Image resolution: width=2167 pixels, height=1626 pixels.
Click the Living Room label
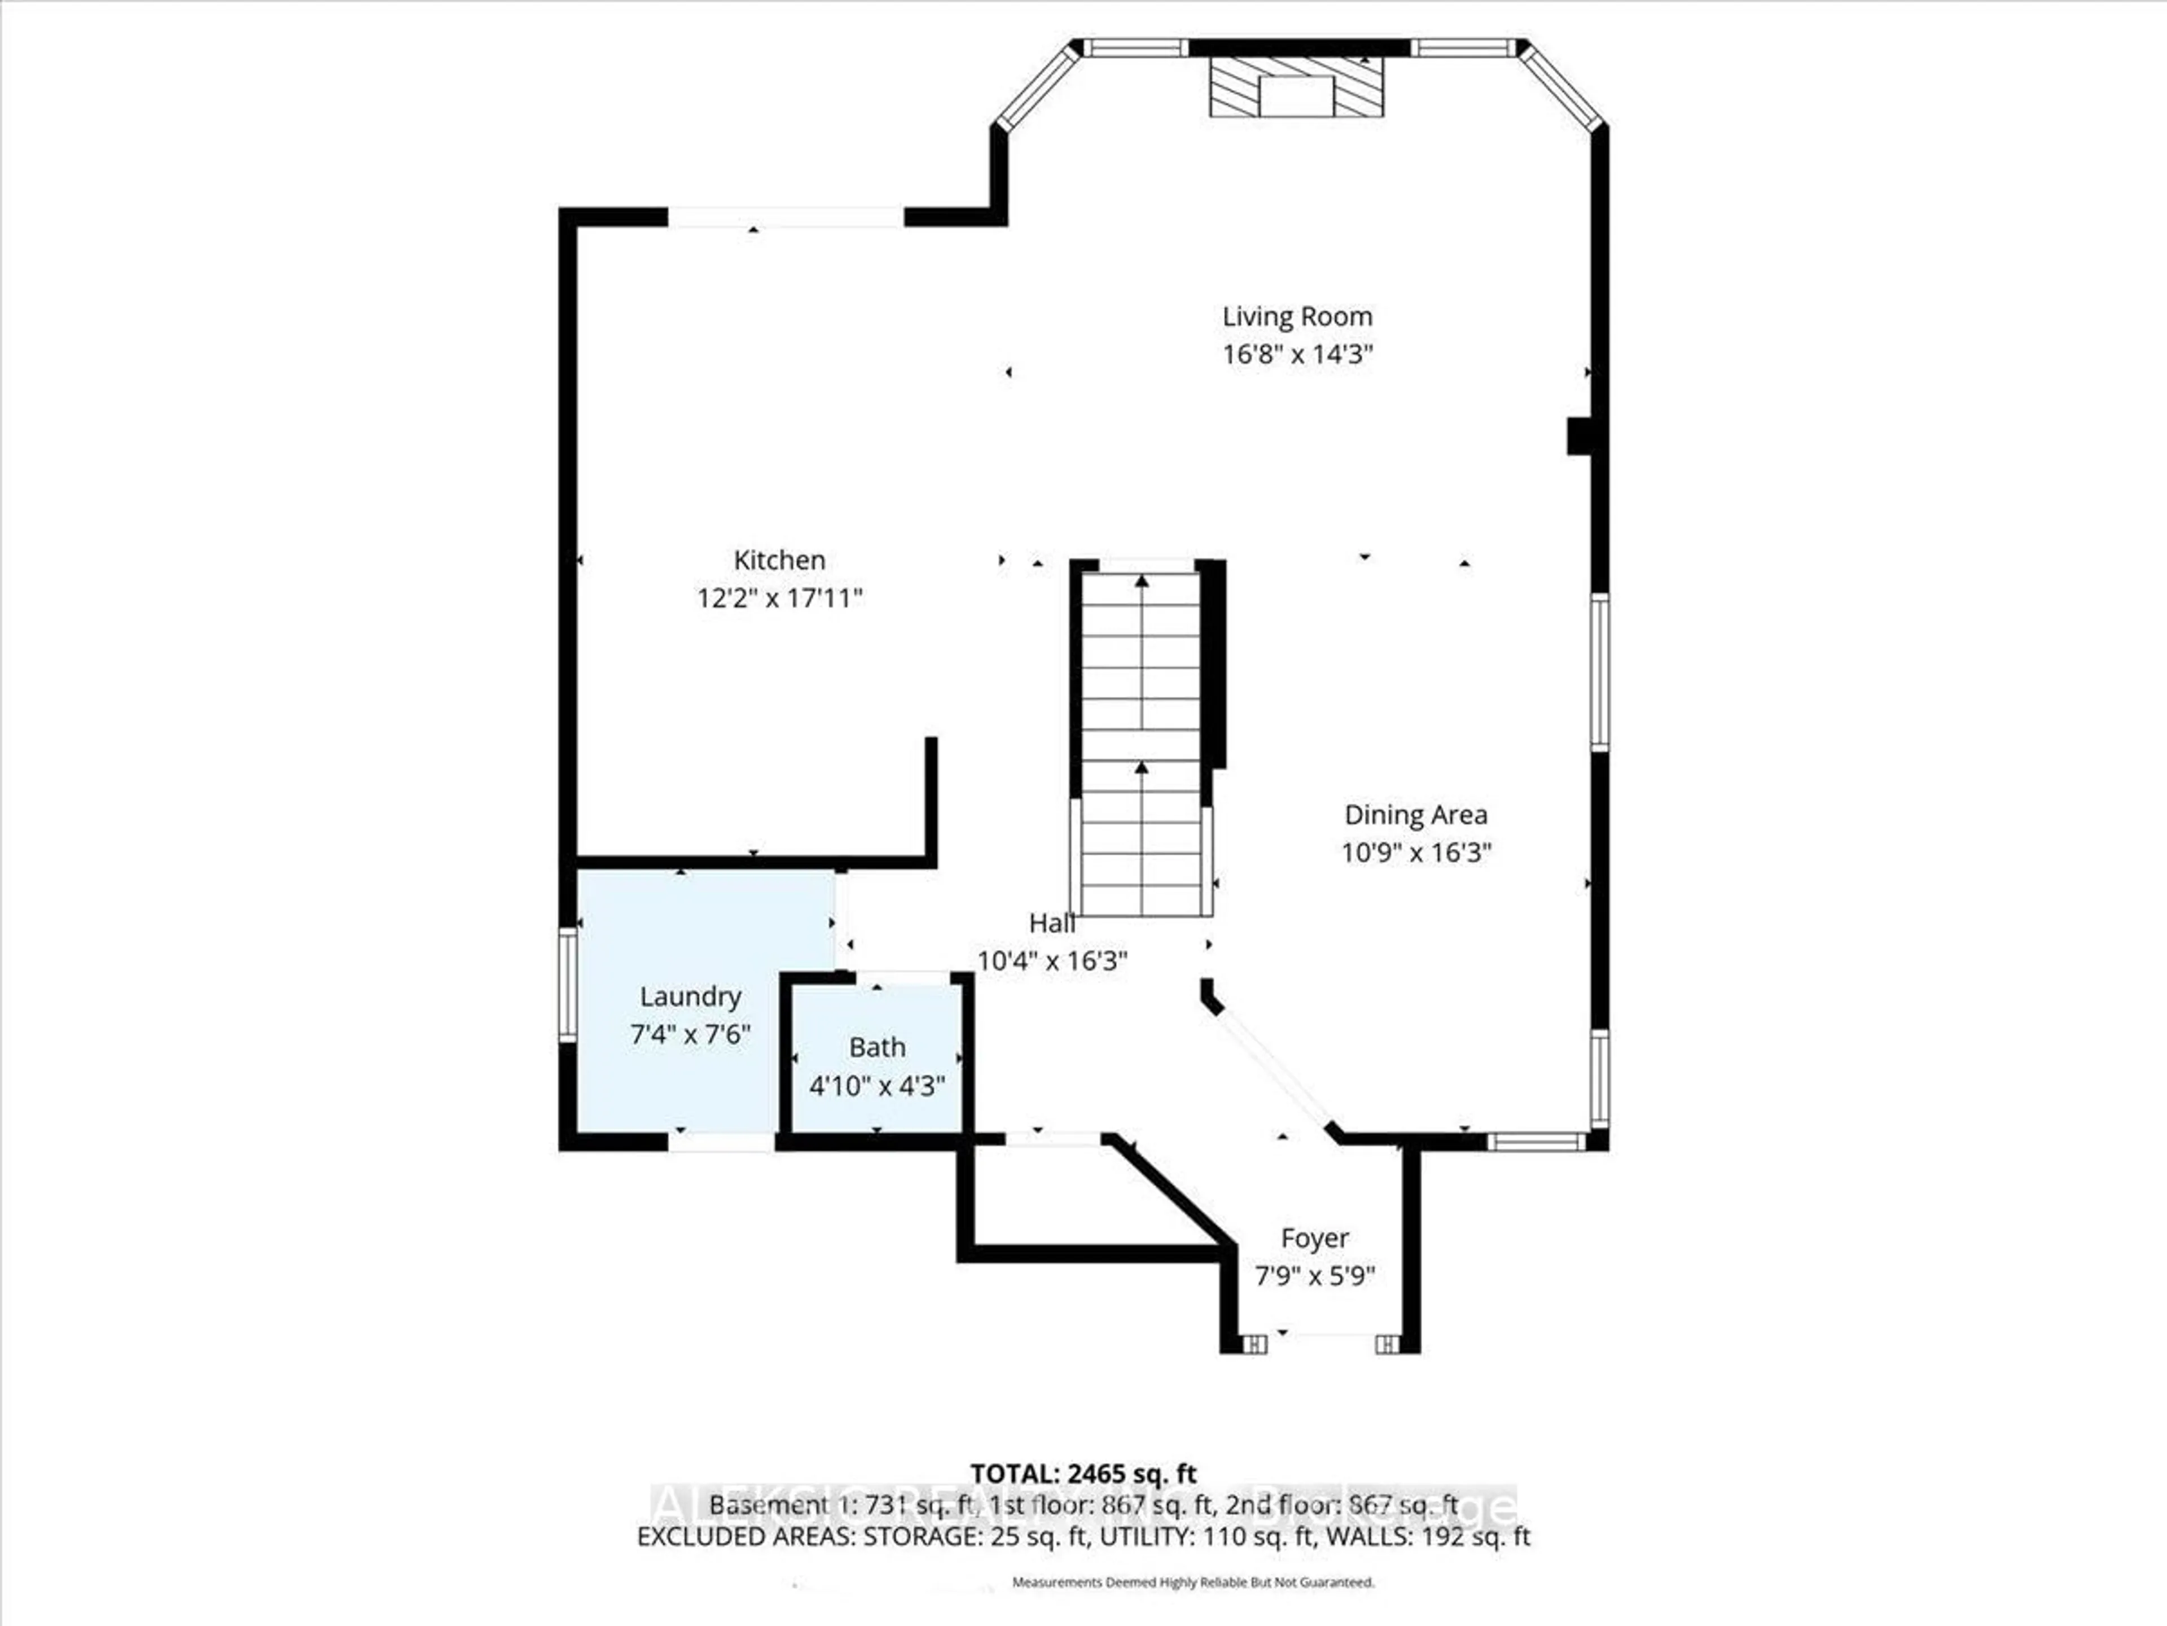(x=1296, y=317)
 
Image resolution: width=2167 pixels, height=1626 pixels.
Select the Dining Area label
(x=1415, y=815)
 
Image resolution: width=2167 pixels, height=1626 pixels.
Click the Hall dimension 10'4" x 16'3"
(x=1052, y=960)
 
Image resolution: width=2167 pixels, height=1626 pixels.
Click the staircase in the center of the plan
(x=1141, y=745)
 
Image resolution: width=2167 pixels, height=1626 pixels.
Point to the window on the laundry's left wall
(x=567, y=984)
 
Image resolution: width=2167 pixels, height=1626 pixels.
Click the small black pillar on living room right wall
(x=1578, y=436)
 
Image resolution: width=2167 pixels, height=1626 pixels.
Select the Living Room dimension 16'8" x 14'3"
(x=1296, y=354)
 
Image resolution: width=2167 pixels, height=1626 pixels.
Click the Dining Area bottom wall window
(x=1535, y=1141)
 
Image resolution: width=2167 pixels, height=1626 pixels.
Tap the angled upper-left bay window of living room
(x=1037, y=88)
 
